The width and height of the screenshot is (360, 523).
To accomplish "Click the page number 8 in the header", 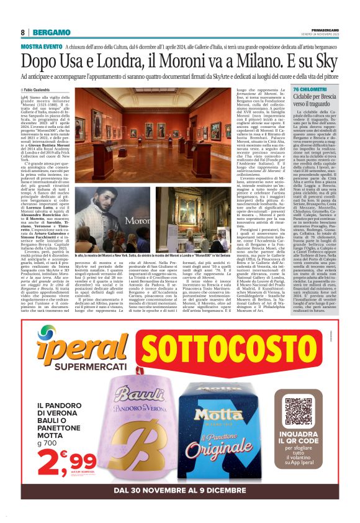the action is (x=22, y=32).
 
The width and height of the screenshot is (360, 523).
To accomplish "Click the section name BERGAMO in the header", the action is (x=52, y=32).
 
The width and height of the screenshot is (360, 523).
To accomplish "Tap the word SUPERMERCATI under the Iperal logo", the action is (x=72, y=368).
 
